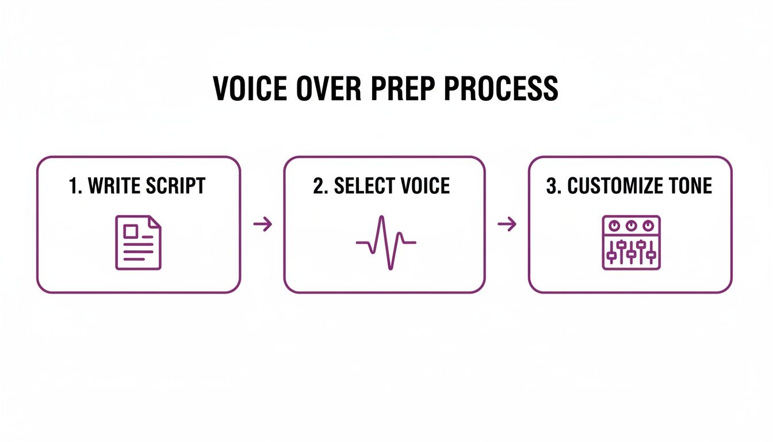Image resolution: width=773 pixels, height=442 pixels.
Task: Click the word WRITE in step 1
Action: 113,186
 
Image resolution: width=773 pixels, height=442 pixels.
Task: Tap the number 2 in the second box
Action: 318,186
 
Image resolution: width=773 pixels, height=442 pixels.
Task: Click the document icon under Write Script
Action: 139,242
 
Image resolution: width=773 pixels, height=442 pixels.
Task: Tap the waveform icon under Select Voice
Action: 385,242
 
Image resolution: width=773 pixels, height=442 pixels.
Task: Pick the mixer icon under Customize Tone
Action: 631,242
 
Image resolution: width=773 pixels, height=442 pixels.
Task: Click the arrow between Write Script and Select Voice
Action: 262,224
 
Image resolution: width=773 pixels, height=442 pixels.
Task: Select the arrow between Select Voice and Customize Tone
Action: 507,224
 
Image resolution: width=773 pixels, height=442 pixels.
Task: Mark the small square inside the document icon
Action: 131,231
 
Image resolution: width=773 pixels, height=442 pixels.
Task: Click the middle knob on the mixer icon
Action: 631,225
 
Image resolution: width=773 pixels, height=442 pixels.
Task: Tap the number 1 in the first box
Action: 73,186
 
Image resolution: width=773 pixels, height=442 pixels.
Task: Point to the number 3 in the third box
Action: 550,186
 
